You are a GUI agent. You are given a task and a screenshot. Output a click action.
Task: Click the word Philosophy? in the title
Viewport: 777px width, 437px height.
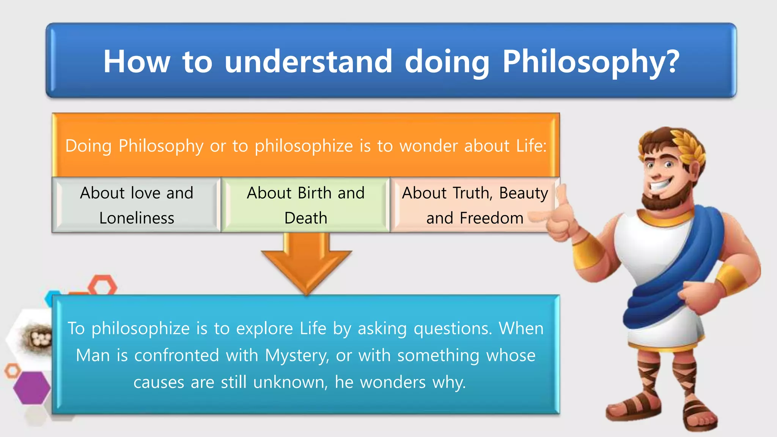click(590, 62)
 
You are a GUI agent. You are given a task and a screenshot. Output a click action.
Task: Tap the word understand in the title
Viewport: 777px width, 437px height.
click(308, 62)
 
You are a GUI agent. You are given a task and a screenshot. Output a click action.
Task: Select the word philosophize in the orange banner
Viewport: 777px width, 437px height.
click(304, 146)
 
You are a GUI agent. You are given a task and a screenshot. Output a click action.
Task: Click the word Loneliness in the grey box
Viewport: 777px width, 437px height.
click(137, 218)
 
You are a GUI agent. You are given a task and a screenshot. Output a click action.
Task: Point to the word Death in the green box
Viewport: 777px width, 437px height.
click(306, 218)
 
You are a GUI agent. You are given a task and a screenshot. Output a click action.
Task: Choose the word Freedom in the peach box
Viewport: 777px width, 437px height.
click(491, 218)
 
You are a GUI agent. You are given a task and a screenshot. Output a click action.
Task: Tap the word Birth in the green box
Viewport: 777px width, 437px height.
click(315, 193)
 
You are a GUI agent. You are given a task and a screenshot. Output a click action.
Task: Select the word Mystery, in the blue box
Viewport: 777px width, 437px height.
click(297, 356)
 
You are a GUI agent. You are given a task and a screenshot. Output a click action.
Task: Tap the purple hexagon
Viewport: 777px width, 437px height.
click(32, 388)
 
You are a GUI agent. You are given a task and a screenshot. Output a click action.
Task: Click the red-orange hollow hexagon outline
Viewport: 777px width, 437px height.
click(103, 285)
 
